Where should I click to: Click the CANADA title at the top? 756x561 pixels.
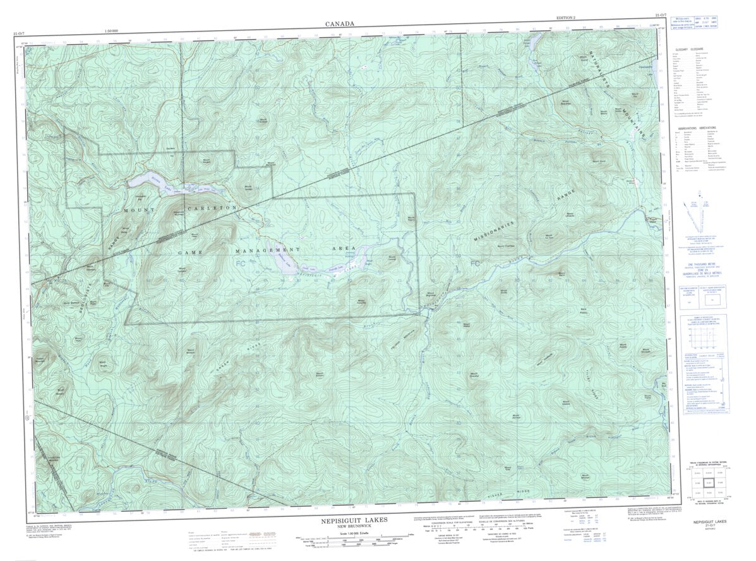340,24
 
